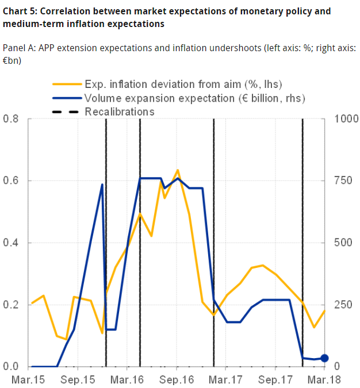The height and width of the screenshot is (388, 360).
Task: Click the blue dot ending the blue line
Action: [x=324, y=358]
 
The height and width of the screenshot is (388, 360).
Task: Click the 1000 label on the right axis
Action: [x=342, y=120]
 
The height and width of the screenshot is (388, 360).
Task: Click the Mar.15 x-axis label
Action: [x=28, y=379]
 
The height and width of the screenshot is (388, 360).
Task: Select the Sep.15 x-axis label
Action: [x=78, y=379]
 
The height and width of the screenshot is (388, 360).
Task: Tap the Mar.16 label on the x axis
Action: [x=127, y=379]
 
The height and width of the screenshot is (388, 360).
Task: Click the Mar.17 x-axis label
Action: [x=225, y=379]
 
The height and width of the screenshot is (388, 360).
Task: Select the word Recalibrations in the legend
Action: [x=120, y=112]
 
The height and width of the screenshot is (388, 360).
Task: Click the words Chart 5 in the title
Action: [x=20, y=11]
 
